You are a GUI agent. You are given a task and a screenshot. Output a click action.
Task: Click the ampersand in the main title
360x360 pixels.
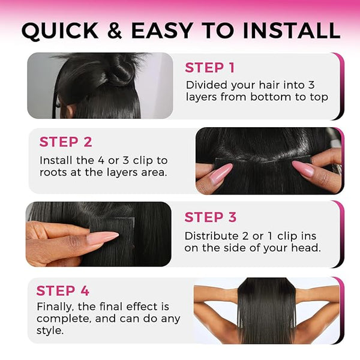(115, 31)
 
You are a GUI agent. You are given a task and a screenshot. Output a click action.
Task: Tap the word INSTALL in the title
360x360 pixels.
(292, 31)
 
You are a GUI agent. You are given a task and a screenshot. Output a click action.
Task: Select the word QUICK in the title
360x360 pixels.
(60, 31)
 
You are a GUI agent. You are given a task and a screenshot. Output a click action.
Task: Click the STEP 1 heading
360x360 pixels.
(209, 67)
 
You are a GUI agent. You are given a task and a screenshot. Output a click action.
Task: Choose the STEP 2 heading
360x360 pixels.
(65, 142)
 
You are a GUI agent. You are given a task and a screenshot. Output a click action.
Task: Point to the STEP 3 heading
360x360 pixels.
(211, 217)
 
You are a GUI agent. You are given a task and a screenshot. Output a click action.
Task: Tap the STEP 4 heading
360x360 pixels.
(62, 290)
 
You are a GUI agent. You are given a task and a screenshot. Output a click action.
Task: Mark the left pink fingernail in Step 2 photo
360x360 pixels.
(221, 172)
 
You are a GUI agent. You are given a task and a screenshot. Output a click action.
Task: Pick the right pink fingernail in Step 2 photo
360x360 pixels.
(302, 169)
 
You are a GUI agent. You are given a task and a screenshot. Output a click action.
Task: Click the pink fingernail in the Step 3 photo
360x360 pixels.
(103, 238)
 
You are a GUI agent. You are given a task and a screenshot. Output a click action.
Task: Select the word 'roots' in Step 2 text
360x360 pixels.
(53, 173)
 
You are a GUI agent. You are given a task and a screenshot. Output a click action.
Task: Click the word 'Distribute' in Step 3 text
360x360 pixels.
(208, 236)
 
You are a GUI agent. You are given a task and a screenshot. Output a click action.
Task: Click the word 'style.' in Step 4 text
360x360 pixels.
(50, 331)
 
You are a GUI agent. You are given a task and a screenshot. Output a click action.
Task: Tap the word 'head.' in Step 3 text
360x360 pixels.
(306, 248)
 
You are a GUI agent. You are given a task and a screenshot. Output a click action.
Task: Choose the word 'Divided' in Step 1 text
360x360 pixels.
(206, 85)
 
